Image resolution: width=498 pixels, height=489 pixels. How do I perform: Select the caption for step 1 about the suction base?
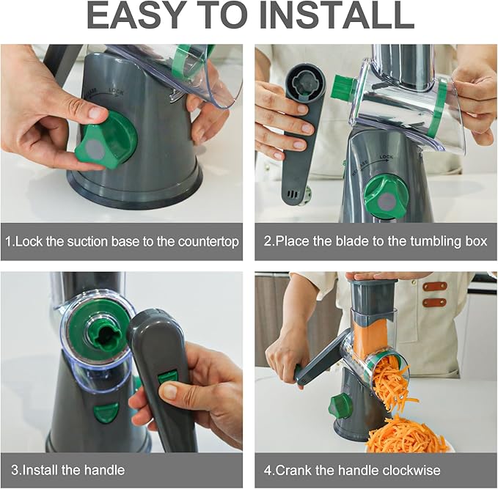[122, 241]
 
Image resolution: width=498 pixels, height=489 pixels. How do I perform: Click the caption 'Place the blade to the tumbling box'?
[376, 241]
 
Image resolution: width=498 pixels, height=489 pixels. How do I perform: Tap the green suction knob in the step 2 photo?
[387, 196]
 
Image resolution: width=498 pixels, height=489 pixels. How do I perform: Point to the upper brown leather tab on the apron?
[434, 286]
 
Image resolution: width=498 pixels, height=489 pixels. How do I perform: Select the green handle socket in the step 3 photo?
[100, 331]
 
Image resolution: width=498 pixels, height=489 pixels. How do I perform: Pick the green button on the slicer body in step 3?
[106, 411]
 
